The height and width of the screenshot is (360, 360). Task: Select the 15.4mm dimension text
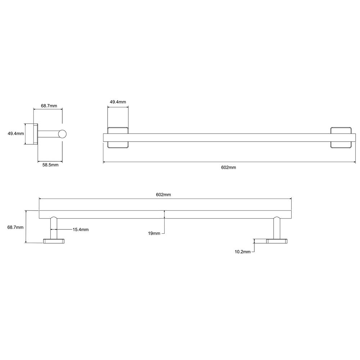81,229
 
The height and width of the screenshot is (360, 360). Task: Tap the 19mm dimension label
154,234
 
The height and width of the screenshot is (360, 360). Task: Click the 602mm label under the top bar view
229,167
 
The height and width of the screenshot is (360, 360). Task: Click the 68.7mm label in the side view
49,106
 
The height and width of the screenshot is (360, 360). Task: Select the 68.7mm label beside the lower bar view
15,227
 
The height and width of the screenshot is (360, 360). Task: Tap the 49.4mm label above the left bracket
118,102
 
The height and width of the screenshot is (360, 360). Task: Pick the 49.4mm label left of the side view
16,134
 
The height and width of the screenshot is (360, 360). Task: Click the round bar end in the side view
63,134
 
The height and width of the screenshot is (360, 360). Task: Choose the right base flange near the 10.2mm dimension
277,241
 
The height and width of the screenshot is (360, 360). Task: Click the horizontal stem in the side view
48,134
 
